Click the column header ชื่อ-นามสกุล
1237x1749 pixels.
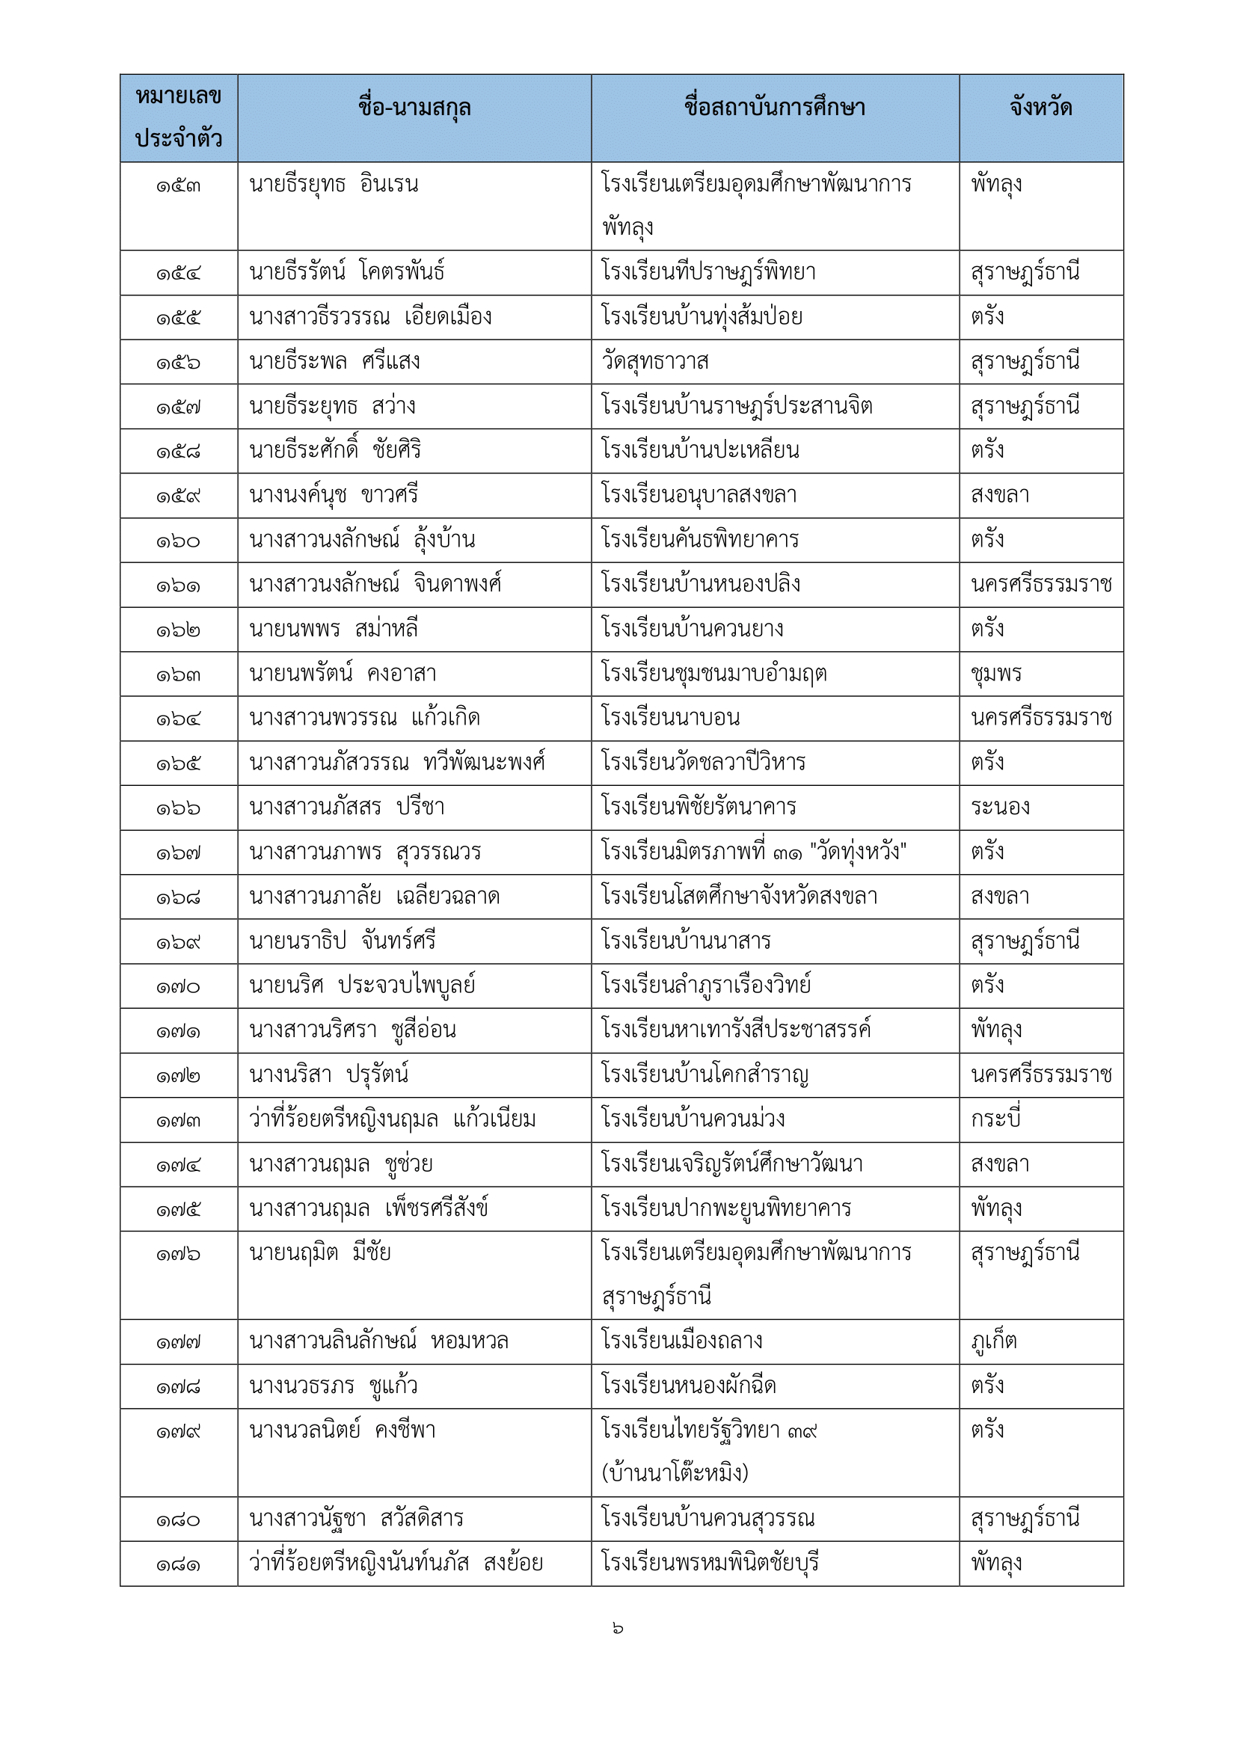pos(414,108)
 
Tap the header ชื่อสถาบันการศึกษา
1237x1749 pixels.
pos(774,108)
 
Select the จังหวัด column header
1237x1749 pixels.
pos(1040,108)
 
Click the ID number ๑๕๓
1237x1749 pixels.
pos(178,186)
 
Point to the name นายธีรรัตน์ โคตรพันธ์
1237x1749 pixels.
pos(346,273)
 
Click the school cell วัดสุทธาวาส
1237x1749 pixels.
pos(655,362)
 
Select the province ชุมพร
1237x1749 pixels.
pos(996,674)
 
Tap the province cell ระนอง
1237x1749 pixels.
pos(999,808)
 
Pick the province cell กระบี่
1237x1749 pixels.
pos(995,1119)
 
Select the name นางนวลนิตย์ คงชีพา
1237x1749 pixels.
pos(343,1430)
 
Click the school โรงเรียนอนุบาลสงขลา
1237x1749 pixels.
pos(699,495)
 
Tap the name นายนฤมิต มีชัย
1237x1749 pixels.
pos(320,1253)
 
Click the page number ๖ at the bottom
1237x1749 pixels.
pos(618,1629)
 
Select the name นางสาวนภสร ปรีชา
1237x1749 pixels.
pos(346,808)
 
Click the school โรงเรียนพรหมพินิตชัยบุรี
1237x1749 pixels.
pos(709,1564)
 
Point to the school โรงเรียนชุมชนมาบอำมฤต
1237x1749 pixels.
pos(713,674)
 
